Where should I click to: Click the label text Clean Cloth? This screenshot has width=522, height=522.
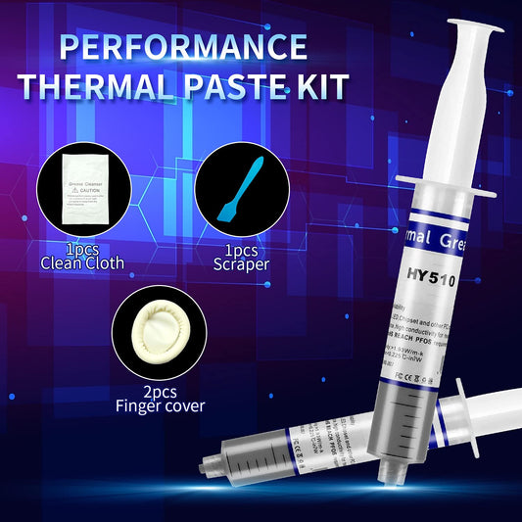tap(82, 261)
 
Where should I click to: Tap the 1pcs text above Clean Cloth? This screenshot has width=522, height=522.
tap(82, 248)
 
